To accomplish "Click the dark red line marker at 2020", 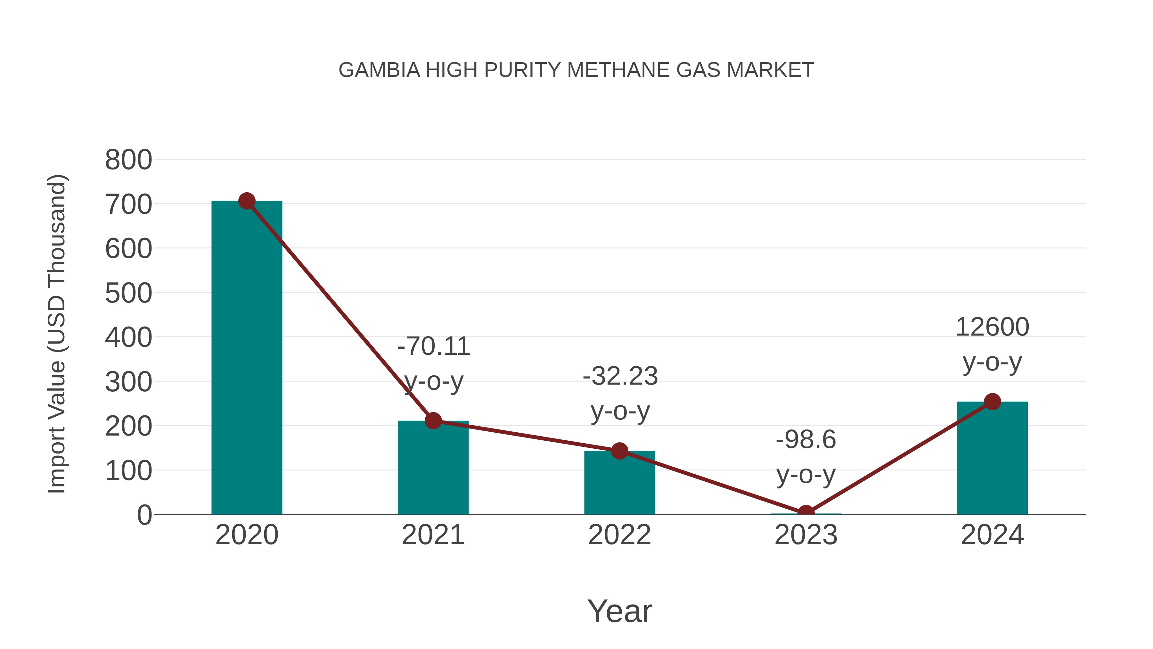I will (247, 201).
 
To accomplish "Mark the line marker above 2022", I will (619, 451).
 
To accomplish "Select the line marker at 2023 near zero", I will (806, 513).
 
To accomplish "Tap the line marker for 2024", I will (992, 402).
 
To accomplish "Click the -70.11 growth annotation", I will (433, 347).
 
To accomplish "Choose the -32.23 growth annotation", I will (620, 377).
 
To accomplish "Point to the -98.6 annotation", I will (806, 440).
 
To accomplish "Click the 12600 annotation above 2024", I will (992, 328).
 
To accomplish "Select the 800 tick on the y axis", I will (128, 160).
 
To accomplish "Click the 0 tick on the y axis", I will (144, 515).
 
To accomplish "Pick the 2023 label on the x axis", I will (806, 535).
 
